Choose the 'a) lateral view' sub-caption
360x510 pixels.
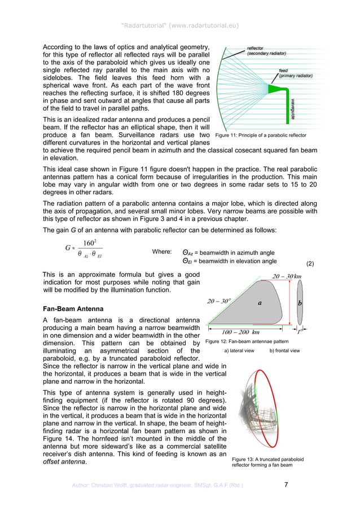239,351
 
